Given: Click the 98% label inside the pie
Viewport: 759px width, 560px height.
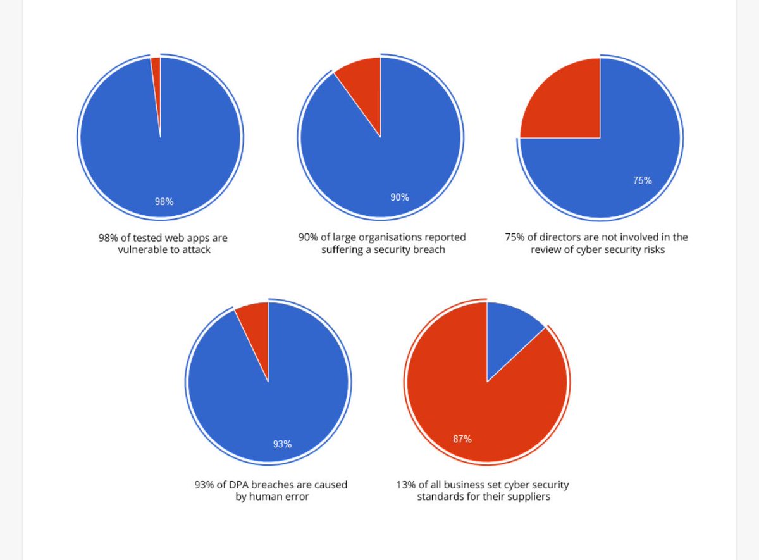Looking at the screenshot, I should coord(164,202).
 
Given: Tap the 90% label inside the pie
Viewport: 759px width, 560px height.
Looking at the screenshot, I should coord(399,197).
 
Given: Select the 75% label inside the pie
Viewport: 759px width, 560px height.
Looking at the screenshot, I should coord(642,180).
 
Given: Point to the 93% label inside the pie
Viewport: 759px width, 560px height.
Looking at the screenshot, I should coord(282,444).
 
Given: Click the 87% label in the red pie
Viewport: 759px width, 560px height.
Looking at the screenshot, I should coord(462,439).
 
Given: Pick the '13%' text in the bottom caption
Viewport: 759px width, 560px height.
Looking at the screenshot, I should coord(406,485).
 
